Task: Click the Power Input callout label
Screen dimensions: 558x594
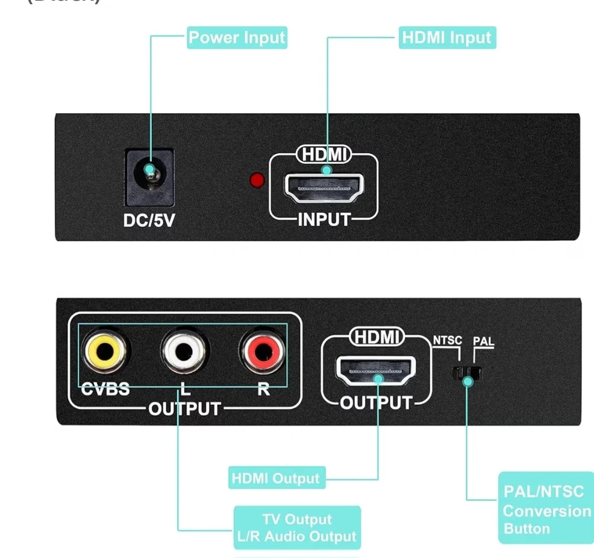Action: (237, 37)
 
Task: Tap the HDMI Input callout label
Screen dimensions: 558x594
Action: (447, 37)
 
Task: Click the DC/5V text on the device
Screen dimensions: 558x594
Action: (149, 221)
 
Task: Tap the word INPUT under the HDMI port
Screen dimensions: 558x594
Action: (324, 220)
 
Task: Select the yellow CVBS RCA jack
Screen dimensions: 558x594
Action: (105, 353)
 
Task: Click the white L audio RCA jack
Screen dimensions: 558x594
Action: (184, 353)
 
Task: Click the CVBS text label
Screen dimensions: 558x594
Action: (105, 389)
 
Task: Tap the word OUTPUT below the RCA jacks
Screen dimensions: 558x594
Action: (184, 409)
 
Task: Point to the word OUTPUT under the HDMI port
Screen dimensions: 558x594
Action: (377, 402)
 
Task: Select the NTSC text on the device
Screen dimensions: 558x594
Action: (448, 341)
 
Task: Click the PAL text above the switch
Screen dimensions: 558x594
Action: (483, 342)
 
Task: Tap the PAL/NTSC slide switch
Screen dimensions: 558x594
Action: (467, 372)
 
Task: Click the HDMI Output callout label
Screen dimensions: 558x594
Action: (276, 479)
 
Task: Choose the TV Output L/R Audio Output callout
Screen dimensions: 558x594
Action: (297, 528)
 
